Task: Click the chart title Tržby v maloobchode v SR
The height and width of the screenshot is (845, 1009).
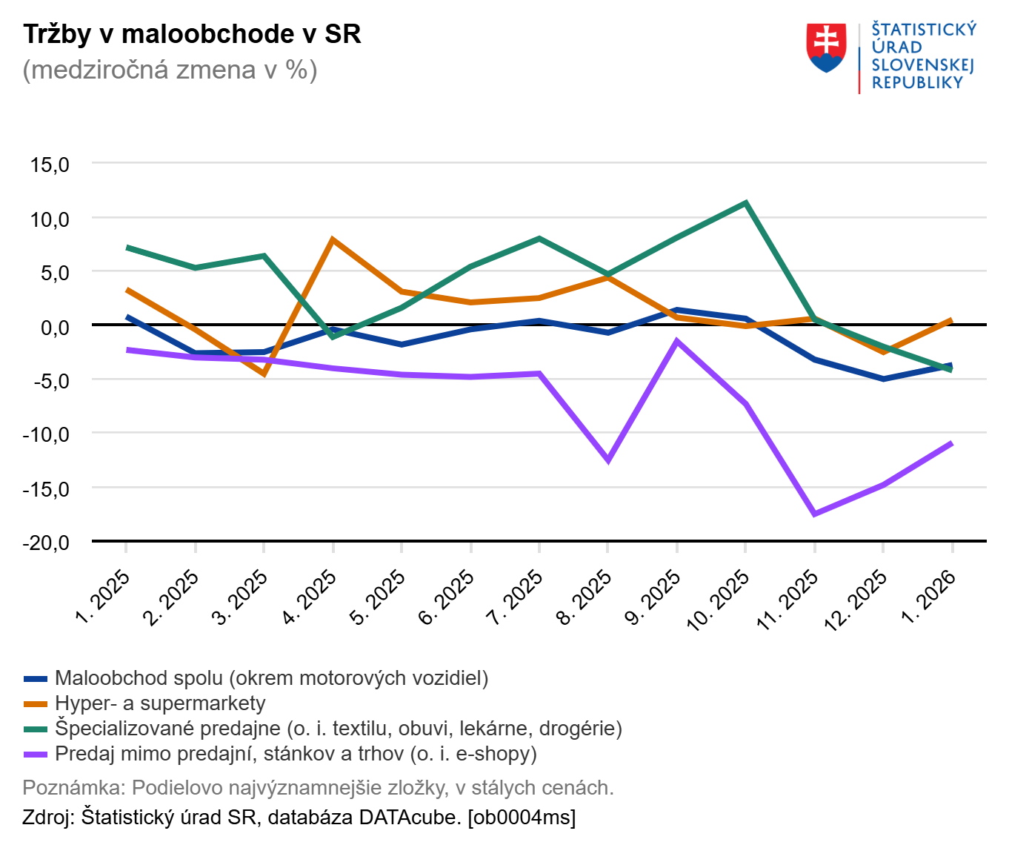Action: [192, 34]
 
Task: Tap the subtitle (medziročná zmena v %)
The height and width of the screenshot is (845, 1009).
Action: [170, 70]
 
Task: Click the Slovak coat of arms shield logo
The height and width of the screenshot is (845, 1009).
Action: [826, 47]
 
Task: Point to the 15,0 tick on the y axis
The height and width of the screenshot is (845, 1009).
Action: [50, 165]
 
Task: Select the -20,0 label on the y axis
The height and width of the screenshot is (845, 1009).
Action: [46, 543]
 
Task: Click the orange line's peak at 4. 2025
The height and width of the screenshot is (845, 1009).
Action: [333, 239]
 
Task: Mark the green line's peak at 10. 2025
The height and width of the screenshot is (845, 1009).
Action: [745, 202]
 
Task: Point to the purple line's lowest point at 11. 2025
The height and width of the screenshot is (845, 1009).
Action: [814, 514]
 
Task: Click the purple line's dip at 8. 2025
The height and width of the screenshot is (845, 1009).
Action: [608, 460]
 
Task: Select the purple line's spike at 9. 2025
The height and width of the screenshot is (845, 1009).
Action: [676, 341]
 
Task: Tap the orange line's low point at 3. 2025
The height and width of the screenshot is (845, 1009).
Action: [264, 374]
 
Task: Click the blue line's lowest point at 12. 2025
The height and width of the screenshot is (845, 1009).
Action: [883, 379]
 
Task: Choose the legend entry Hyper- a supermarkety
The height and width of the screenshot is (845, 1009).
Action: [159, 703]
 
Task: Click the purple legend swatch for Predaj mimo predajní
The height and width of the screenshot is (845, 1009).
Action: [36, 754]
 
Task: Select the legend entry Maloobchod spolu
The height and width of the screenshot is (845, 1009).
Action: [271, 678]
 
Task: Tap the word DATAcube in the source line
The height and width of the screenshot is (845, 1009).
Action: [410, 818]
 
